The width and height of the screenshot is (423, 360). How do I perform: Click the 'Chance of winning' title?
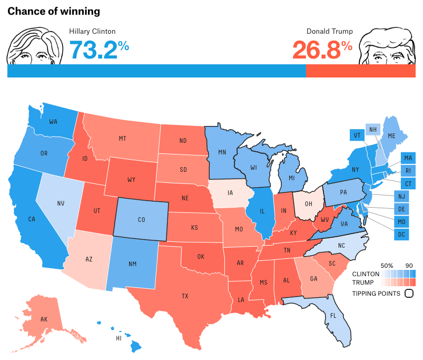(x=54, y=11)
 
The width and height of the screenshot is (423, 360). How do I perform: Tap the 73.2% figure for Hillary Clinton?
(x=99, y=50)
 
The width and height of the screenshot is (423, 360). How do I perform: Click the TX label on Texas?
(x=185, y=296)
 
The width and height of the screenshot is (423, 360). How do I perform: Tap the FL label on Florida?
(x=332, y=317)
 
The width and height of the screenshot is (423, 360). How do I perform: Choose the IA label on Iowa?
(x=230, y=192)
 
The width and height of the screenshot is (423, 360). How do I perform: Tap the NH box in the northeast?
(x=373, y=130)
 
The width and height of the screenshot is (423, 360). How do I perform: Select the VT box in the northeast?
(x=357, y=135)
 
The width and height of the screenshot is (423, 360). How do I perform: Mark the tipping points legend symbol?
(x=408, y=294)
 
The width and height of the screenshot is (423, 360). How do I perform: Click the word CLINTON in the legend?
(x=365, y=274)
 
